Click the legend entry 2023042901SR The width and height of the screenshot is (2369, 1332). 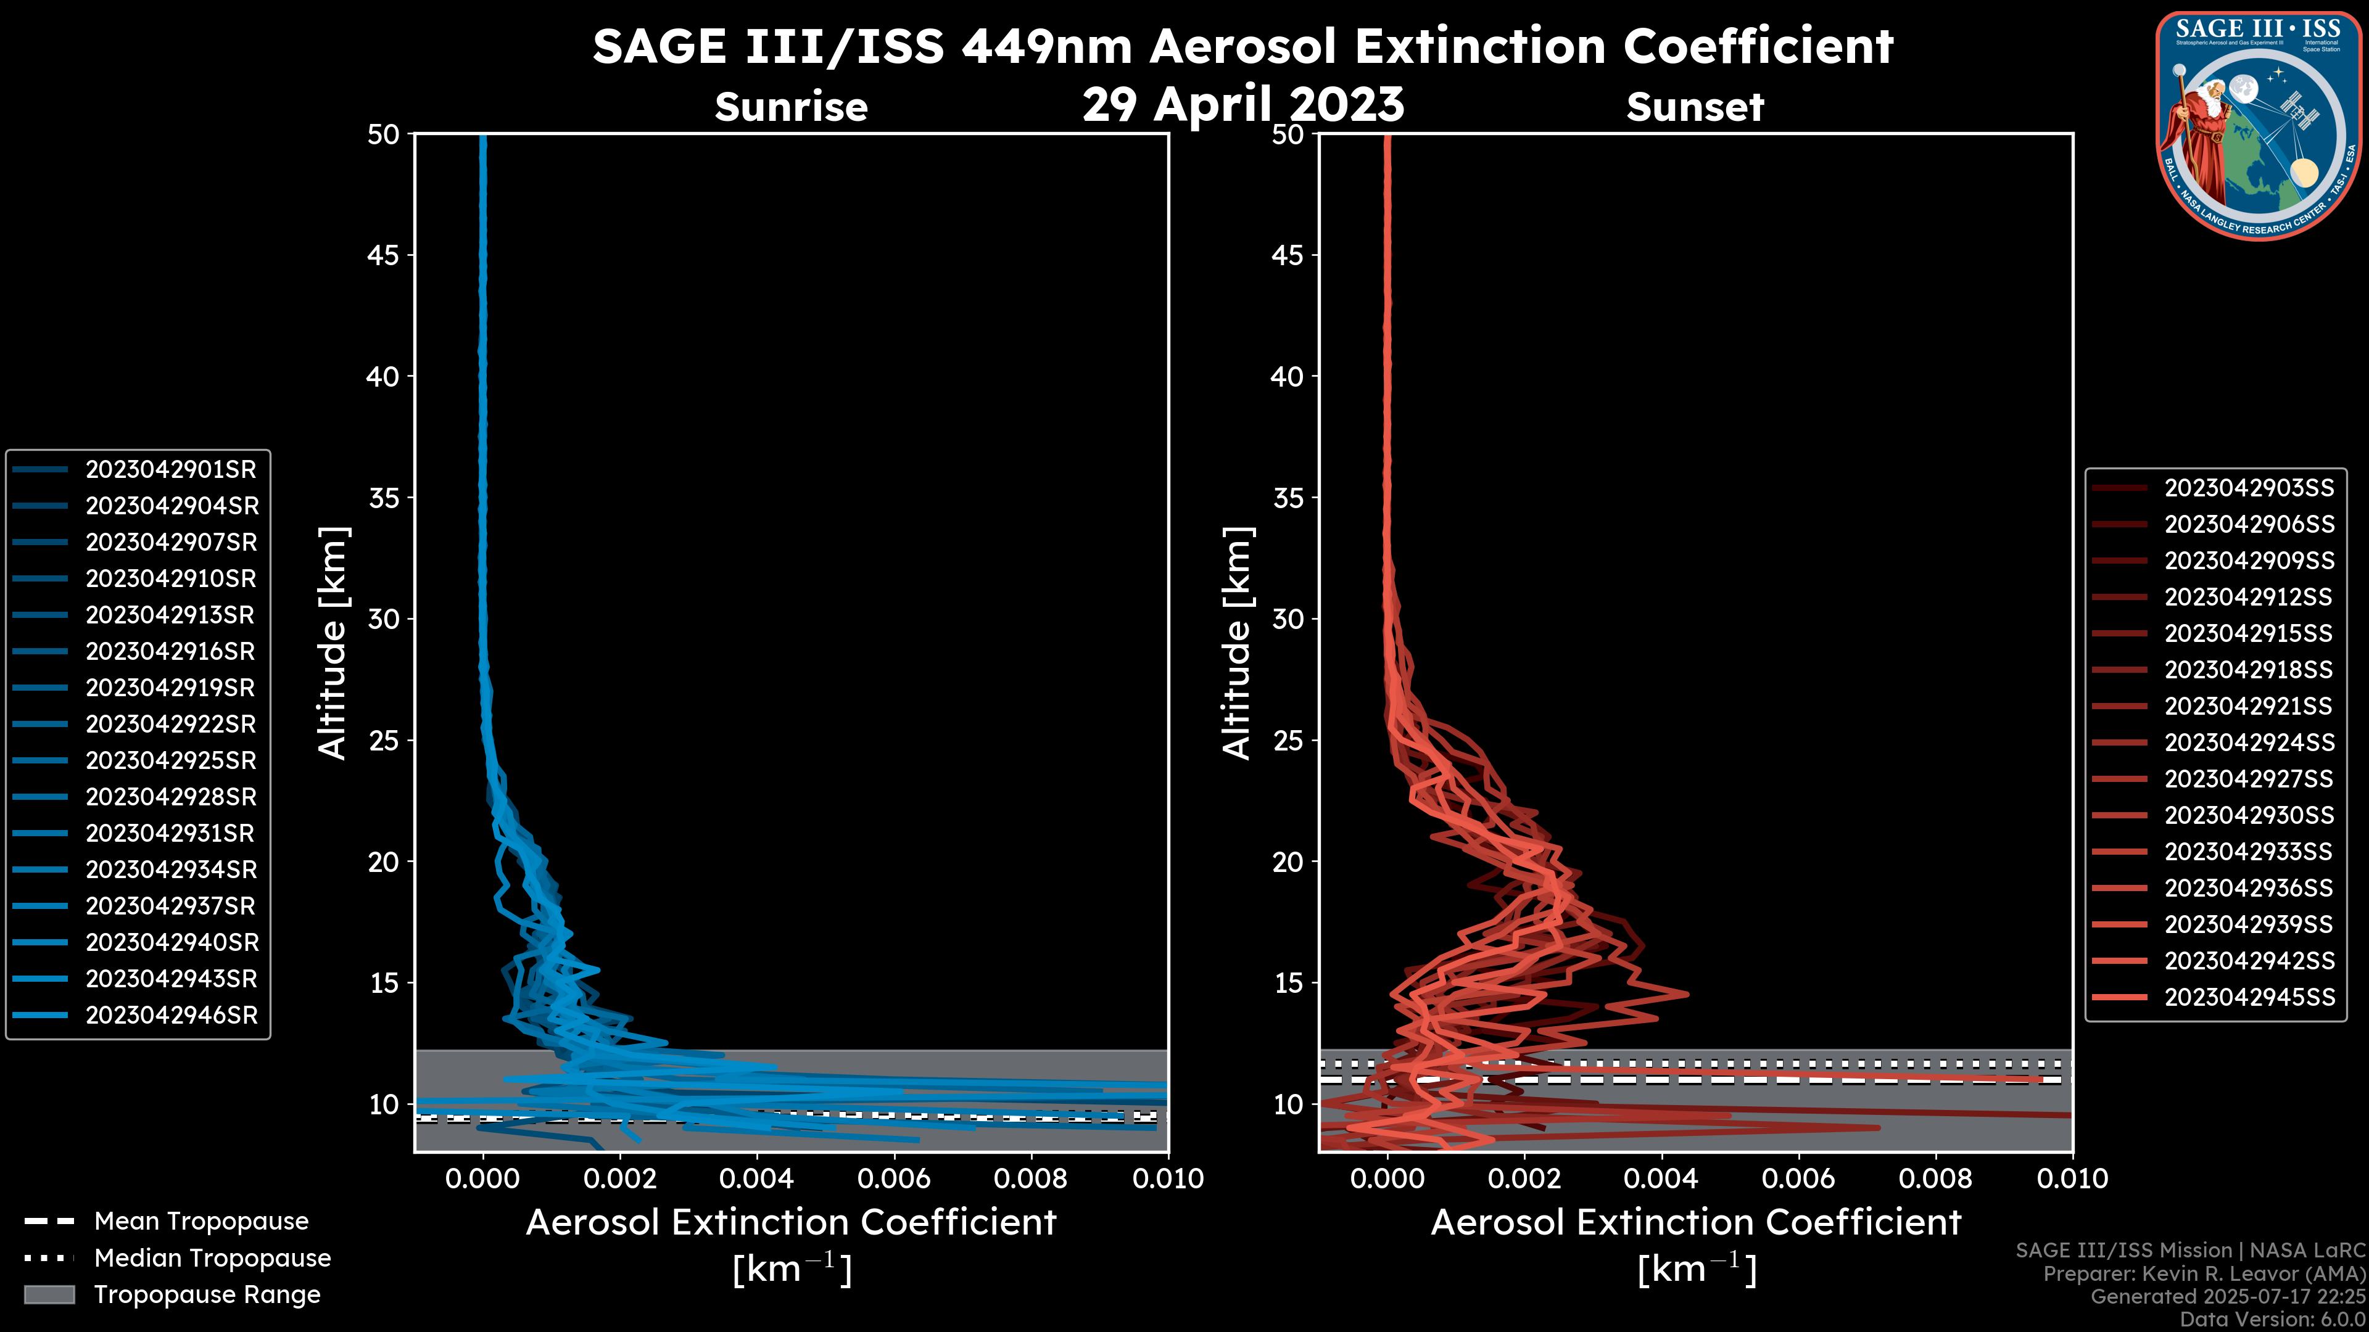pyautogui.click(x=171, y=470)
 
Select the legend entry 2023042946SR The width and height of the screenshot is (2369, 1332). pyautogui.click(x=171, y=1016)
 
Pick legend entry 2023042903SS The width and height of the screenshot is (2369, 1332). pyautogui.click(x=2249, y=488)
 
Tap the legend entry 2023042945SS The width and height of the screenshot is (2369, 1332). pyautogui.click(x=2249, y=997)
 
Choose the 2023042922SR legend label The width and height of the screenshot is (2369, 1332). pyautogui.click(x=171, y=725)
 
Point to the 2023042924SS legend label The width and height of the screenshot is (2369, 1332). pyautogui.click(x=2249, y=742)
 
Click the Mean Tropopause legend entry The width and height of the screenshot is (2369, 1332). pyautogui.click(x=201, y=1222)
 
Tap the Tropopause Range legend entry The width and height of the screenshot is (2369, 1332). pyautogui.click(x=207, y=1295)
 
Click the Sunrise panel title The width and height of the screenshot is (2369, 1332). pyautogui.click(x=791, y=107)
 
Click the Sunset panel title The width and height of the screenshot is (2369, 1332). pyautogui.click(x=1695, y=107)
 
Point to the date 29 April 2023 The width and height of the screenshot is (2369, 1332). pyautogui.click(x=1243, y=104)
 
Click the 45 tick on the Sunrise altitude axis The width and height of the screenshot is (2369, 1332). pyautogui.click(x=382, y=255)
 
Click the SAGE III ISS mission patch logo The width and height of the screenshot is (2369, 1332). pyautogui.click(x=2259, y=125)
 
